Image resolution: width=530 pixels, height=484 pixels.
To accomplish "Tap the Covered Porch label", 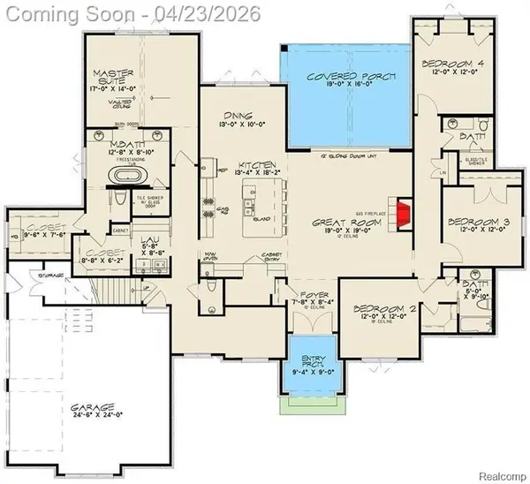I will tap(345, 77).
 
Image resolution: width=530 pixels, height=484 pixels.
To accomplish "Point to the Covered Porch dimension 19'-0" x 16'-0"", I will tap(346, 88).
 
